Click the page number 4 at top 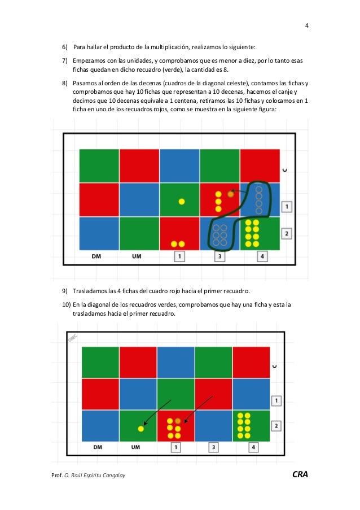point(307,25)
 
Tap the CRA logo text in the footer point(300,474)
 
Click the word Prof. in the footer point(57,475)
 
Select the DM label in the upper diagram point(96,256)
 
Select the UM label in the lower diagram point(135,447)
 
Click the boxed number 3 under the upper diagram point(219,256)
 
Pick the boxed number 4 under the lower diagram point(253,447)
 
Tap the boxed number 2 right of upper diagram point(287,233)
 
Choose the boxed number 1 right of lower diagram point(276,400)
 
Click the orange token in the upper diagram point(231,194)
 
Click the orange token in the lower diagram point(177,421)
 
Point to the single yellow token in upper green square point(182,202)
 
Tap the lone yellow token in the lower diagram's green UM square point(141,429)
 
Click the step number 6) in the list point(65,47)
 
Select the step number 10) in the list point(66,305)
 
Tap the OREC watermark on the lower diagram point(72,337)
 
